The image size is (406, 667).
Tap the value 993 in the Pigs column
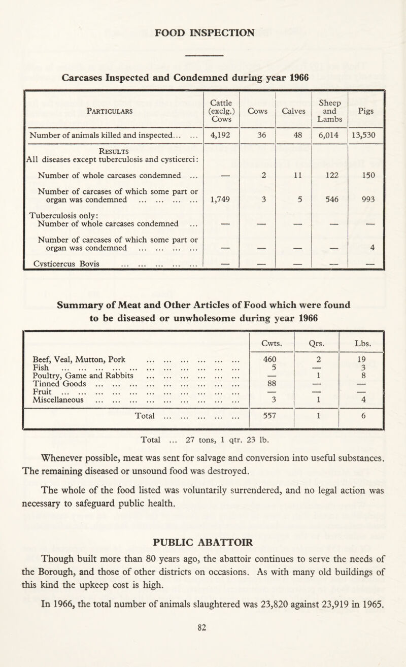point(366,199)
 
